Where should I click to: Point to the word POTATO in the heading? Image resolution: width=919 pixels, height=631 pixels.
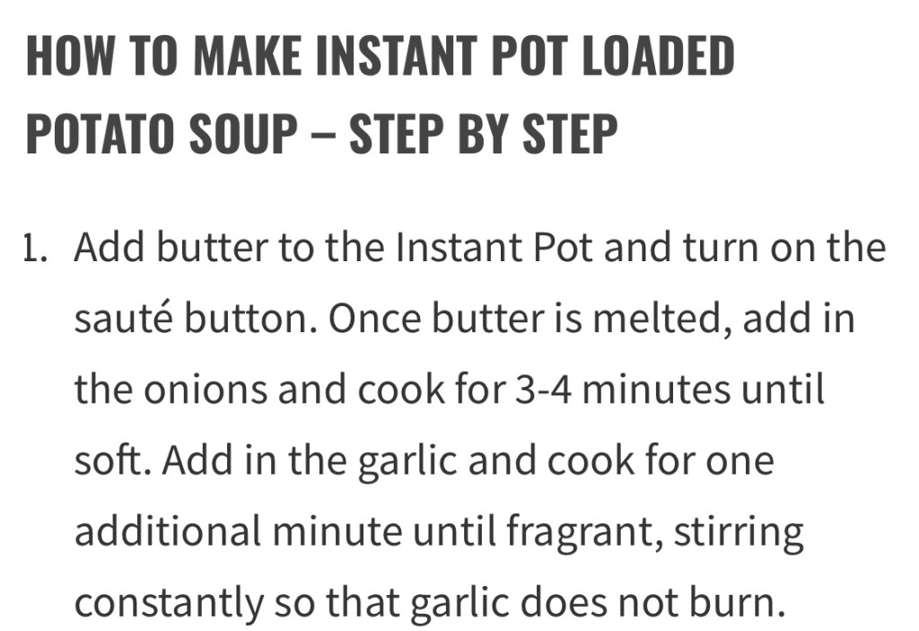[x=100, y=133]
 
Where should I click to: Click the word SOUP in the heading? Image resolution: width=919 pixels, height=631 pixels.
[x=242, y=133]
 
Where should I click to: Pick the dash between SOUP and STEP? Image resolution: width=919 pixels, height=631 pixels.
[x=323, y=135]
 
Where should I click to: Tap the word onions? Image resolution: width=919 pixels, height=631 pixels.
[x=206, y=390]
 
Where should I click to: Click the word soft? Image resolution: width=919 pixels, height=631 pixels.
[x=116, y=460]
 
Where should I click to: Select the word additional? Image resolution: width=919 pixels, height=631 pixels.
[x=168, y=531]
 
